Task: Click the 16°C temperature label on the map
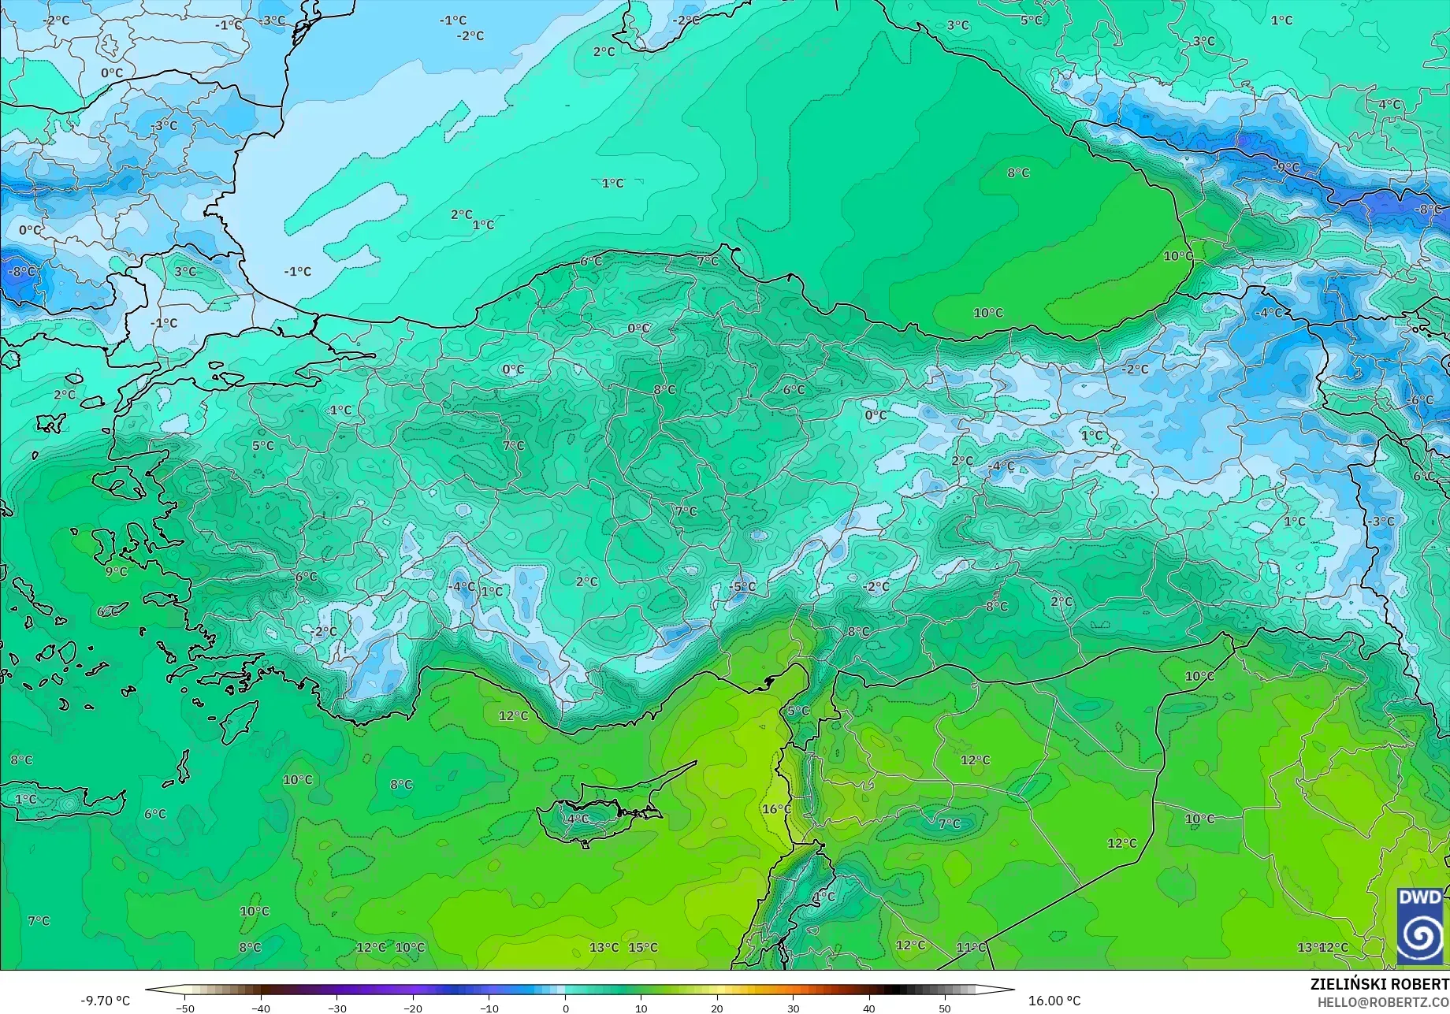click(776, 809)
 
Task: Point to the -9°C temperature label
click(1286, 167)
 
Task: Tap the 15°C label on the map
click(643, 947)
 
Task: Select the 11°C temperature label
click(971, 947)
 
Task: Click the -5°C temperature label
click(742, 587)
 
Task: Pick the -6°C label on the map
click(1420, 400)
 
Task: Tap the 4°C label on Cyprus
click(577, 819)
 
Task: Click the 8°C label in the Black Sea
click(1018, 173)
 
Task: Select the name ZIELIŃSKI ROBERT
click(1379, 985)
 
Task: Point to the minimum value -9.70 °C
click(105, 1001)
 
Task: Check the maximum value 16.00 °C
click(1054, 1001)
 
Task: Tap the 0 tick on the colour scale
click(565, 1008)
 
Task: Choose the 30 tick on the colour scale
click(793, 1008)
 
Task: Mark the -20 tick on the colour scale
click(413, 1008)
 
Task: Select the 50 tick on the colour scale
click(945, 1008)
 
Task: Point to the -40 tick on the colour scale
click(261, 1008)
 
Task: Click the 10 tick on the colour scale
click(641, 1008)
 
